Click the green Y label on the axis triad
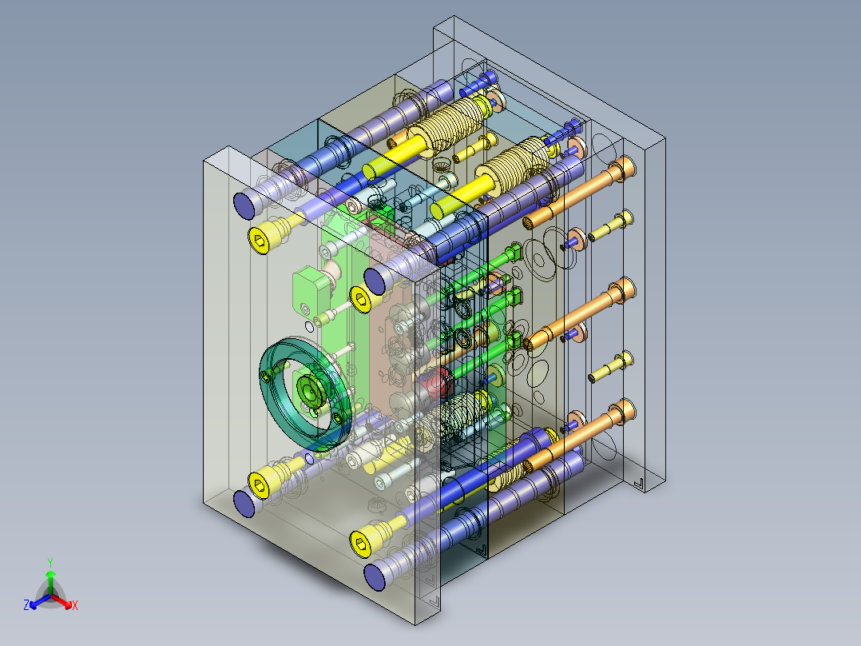click(x=50, y=562)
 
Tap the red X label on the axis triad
click(x=75, y=605)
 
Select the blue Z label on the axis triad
click(x=26, y=605)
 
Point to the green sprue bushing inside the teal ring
click(x=309, y=391)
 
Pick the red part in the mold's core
click(x=437, y=382)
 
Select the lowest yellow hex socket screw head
click(x=362, y=544)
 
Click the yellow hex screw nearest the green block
click(x=361, y=300)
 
